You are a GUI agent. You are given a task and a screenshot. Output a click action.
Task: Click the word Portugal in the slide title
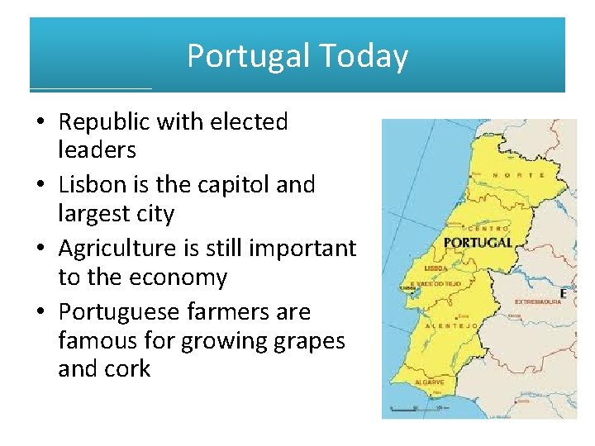(248, 57)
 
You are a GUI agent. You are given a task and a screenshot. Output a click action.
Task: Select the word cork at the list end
(127, 368)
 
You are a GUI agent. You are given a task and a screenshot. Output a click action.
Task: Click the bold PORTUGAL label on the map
(478, 243)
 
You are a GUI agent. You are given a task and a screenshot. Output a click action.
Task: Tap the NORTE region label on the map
(518, 175)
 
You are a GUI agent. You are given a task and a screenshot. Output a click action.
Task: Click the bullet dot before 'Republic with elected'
(39, 123)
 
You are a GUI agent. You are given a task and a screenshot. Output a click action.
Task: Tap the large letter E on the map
(564, 293)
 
